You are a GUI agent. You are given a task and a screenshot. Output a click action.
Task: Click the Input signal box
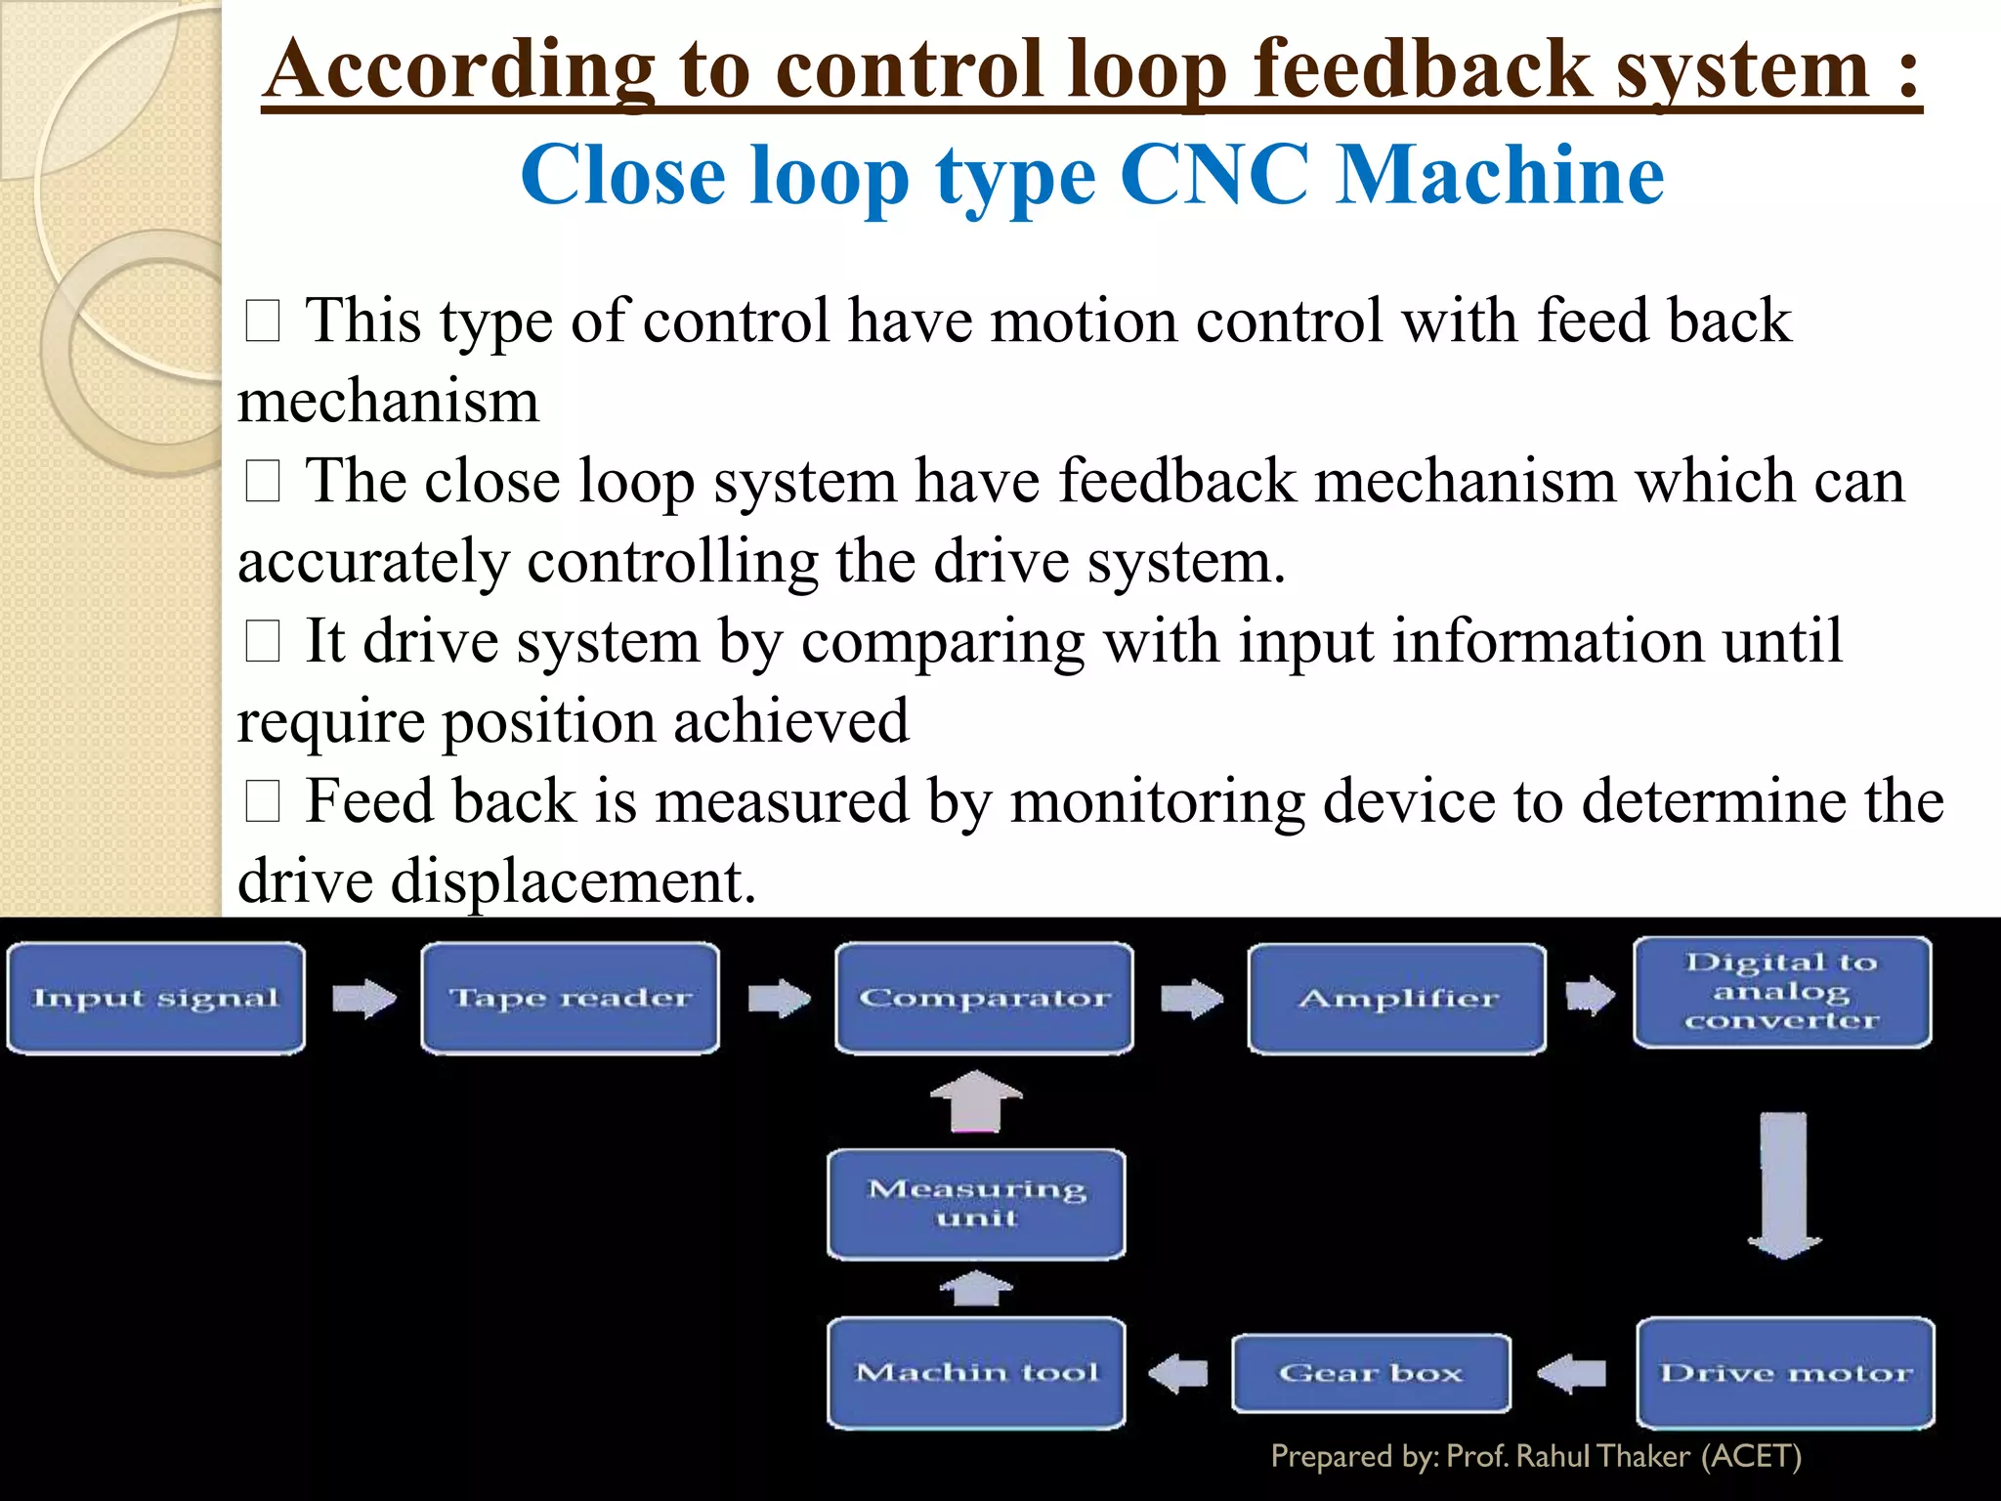[156, 998]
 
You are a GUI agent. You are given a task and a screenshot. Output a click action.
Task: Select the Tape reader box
[571, 998]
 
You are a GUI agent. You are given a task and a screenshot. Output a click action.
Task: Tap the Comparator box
[984, 998]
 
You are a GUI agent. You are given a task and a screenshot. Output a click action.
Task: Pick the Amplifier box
[1397, 999]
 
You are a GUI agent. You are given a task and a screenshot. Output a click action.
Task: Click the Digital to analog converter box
[1782, 992]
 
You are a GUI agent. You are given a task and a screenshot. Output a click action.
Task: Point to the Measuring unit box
[976, 1204]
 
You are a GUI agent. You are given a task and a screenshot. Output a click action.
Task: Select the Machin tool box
[976, 1373]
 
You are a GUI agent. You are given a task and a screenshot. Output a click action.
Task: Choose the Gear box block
[1371, 1373]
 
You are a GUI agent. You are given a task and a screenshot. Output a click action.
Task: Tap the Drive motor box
[1785, 1373]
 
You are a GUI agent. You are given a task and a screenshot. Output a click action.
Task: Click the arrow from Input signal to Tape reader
[363, 999]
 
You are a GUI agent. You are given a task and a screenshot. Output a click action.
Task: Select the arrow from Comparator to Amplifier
[1191, 999]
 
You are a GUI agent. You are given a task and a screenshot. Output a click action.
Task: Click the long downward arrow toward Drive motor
[1784, 1184]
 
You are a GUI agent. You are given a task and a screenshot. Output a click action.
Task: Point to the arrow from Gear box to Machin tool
[1178, 1373]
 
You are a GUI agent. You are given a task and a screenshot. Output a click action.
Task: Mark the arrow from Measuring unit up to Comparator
[976, 1101]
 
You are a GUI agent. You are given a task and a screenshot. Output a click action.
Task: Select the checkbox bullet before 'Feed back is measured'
[263, 802]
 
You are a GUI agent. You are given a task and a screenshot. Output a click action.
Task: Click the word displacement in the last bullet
[573, 881]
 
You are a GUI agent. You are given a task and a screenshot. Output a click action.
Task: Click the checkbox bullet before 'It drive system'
[263, 642]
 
